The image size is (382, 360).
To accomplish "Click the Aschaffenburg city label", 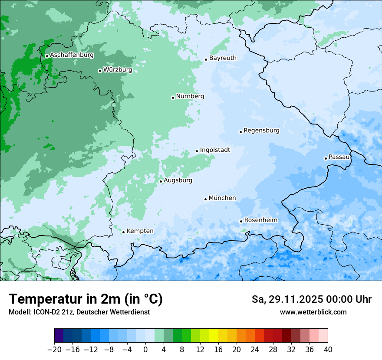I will pos(72,55).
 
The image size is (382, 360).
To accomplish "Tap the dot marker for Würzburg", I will pos(100,71).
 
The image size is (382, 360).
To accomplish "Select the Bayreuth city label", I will pos(223,58).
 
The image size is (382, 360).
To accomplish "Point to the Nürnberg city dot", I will pos(173,98).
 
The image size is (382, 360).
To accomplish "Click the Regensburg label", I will pos(261,131).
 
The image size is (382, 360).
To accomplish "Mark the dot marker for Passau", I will pos(326,158).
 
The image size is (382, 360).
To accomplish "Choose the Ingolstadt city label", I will pos(215,150).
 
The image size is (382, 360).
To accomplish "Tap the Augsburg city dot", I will pos(161,181).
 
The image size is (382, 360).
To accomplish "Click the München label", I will pos(222,198).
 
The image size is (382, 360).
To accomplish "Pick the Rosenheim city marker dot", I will pos(241,222).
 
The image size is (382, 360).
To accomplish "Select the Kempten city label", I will pos(140,231).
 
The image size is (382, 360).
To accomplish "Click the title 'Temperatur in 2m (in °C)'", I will pos(86,299).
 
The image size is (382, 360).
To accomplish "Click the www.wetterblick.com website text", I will pos(313,312).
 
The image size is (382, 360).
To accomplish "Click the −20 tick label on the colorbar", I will pos(54,350).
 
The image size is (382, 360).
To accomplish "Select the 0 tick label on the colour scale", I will pos(145,350).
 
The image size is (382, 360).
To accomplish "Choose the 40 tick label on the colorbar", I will pos(328,350).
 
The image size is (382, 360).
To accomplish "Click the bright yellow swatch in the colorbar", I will pos(214,336).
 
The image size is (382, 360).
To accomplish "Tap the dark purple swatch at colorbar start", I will pos(59,336).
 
